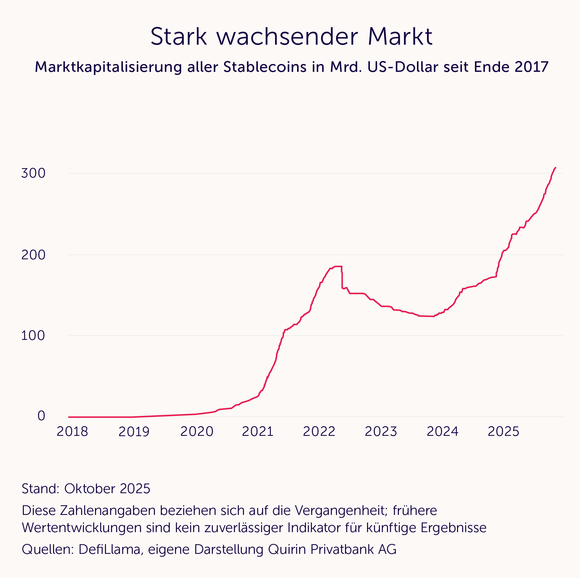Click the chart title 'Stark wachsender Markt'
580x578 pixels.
point(291,37)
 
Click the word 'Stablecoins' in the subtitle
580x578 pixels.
point(265,67)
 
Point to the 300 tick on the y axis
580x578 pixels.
point(33,173)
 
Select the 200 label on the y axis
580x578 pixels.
point(33,255)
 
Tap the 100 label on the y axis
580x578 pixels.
point(33,336)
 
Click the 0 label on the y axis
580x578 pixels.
point(41,416)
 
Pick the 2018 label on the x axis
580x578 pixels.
point(72,432)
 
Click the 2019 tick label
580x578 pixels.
point(134,432)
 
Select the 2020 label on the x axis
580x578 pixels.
point(197,432)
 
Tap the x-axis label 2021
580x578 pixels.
point(258,432)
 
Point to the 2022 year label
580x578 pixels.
point(319,432)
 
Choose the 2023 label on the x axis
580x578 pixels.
point(381,432)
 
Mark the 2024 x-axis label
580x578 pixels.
point(443,432)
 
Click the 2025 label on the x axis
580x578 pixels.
point(503,432)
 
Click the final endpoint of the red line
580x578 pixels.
point(556,168)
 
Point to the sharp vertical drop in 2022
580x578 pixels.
point(342,278)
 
